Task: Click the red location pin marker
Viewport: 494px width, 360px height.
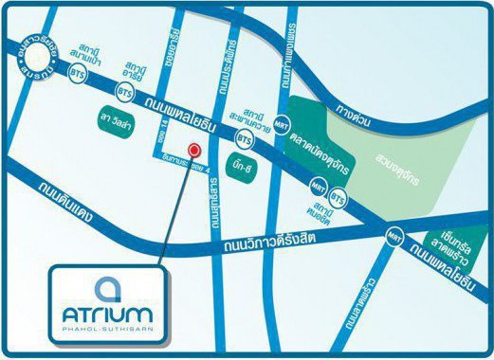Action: [x=194, y=150]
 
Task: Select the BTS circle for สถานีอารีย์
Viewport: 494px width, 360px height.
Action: [x=124, y=92]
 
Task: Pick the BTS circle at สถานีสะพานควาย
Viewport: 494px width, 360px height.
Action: [x=246, y=139]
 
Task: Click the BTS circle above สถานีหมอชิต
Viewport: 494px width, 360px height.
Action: [x=339, y=199]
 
